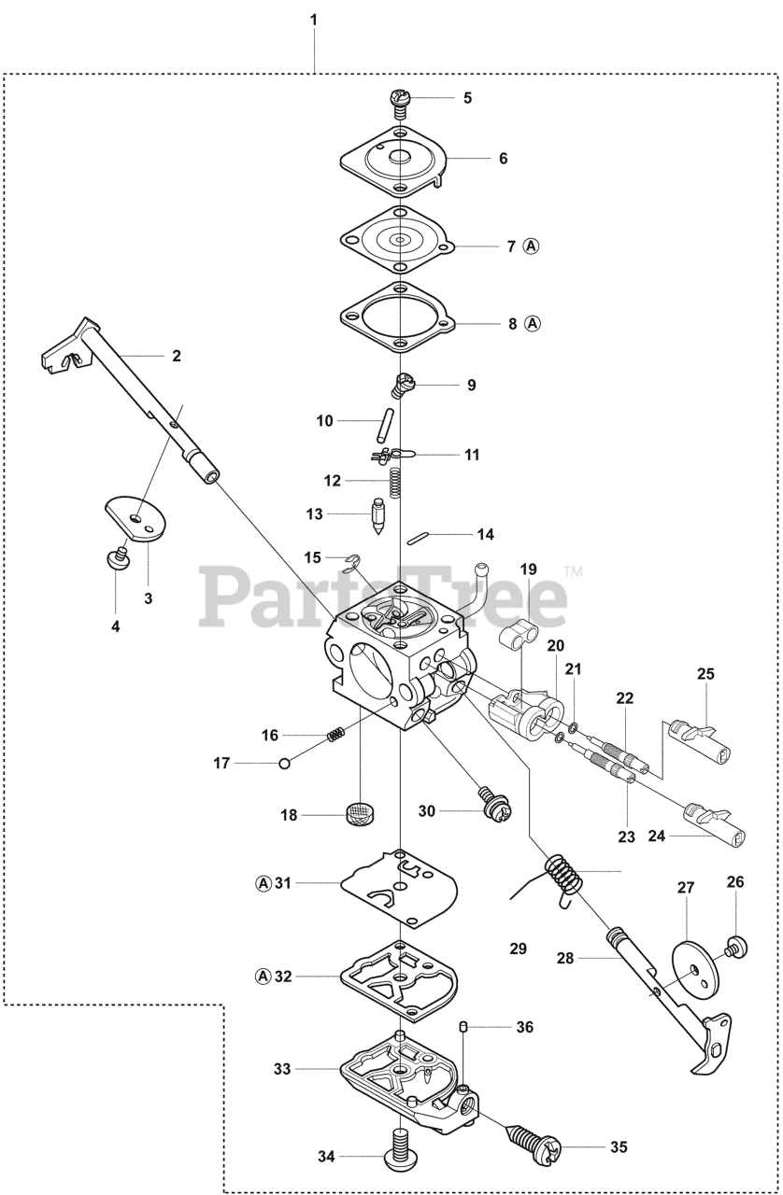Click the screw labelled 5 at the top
[400, 100]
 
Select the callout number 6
[503, 159]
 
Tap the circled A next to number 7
[531, 246]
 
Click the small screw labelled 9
[403, 383]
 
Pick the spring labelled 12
[396, 482]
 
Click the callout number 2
[177, 356]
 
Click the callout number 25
[705, 673]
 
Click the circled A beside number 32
[263, 977]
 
